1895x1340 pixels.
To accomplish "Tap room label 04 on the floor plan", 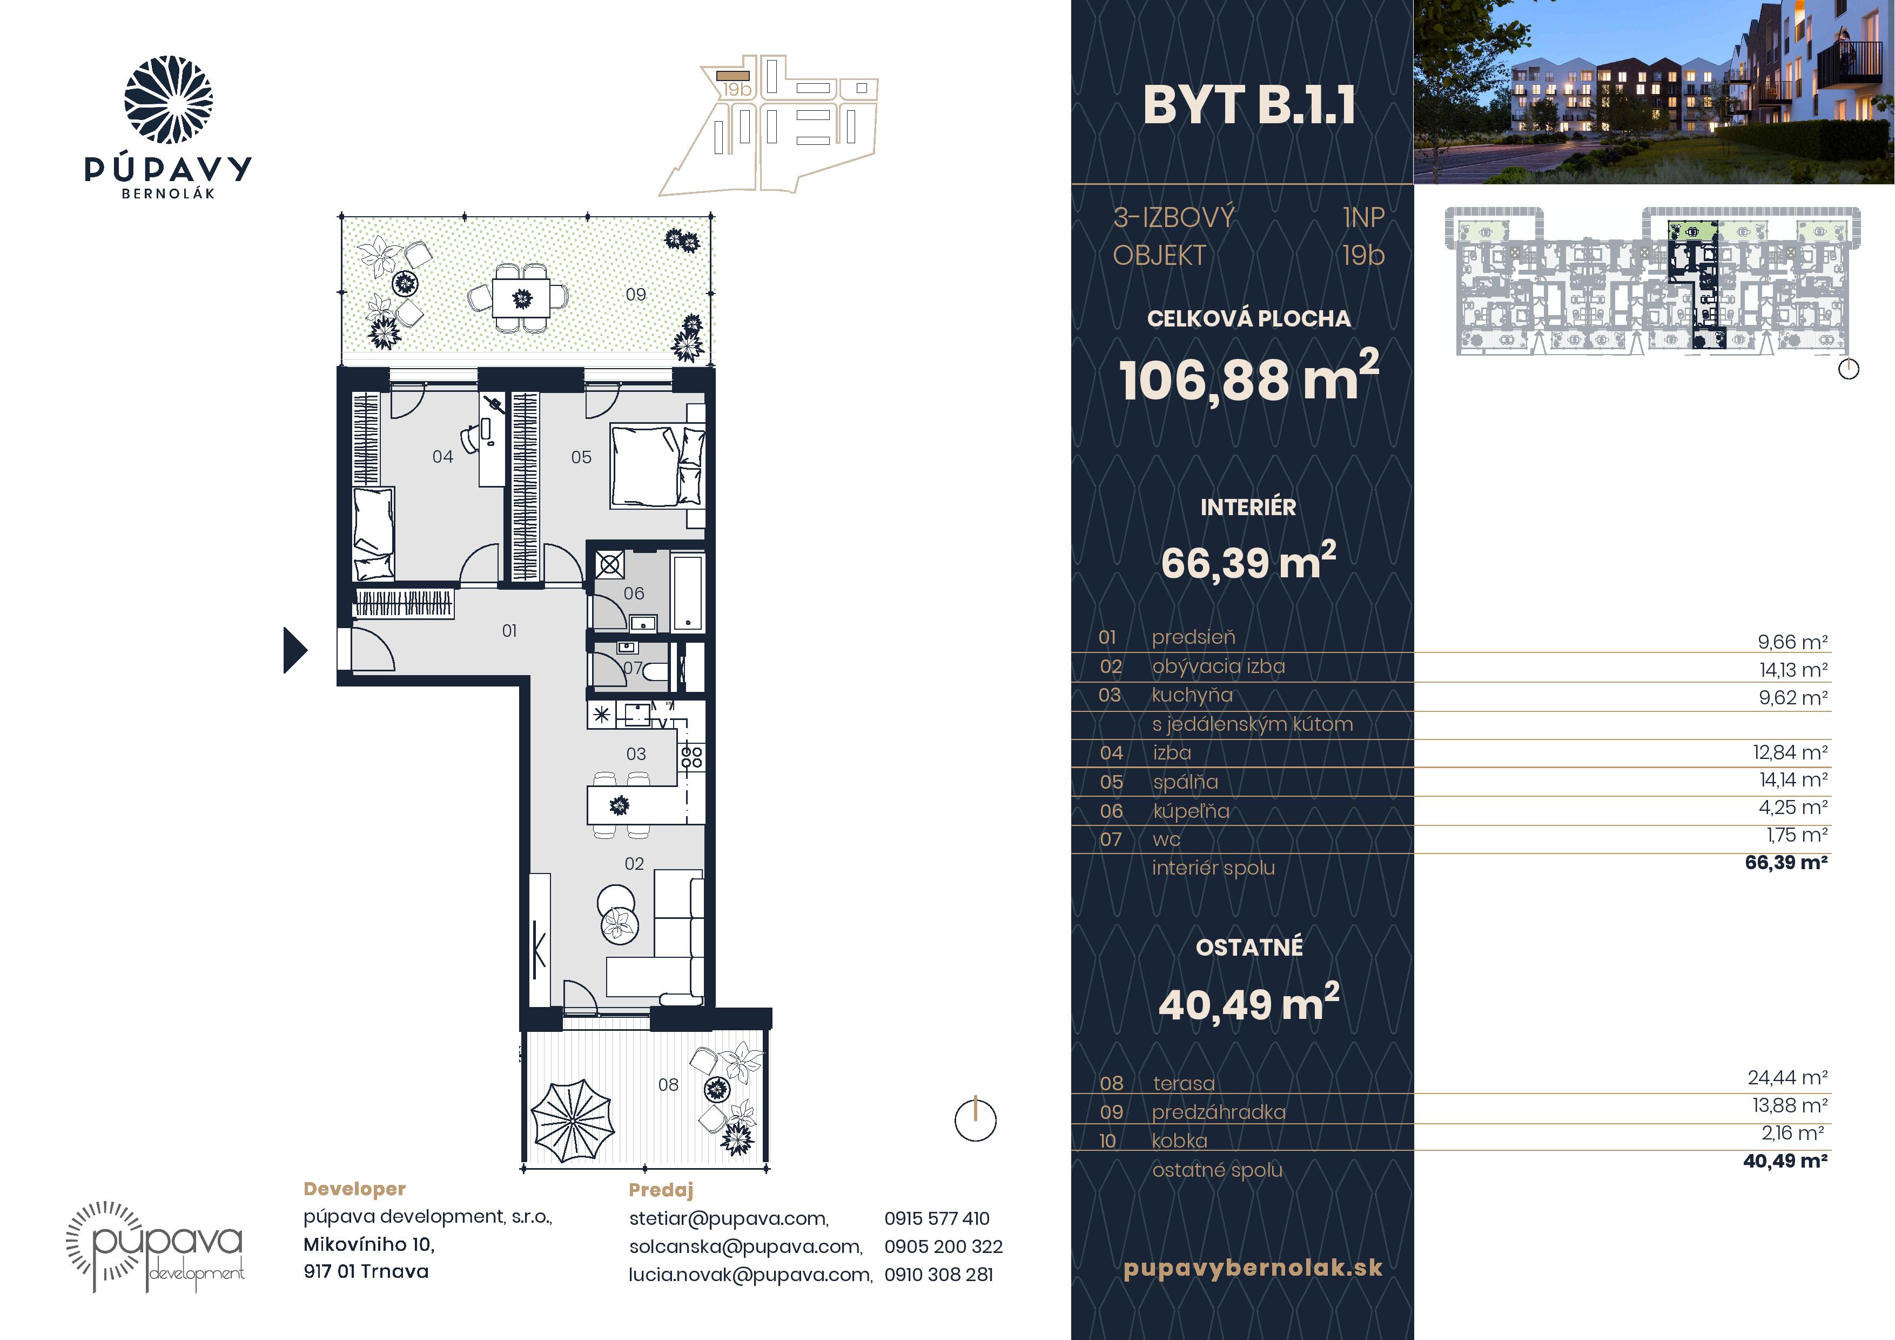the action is tap(442, 457).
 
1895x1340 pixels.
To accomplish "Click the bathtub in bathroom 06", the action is tap(688, 593).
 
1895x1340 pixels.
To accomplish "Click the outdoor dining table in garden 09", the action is tap(522, 297).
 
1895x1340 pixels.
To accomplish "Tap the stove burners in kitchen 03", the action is tap(691, 756).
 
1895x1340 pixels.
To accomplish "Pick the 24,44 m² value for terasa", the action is tap(1787, 1077).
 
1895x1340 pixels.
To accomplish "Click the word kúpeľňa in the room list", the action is tap(1191, 811).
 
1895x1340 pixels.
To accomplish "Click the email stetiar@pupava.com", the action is tap(729, 1218).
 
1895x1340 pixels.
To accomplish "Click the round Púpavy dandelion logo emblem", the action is tap(169, 100).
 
